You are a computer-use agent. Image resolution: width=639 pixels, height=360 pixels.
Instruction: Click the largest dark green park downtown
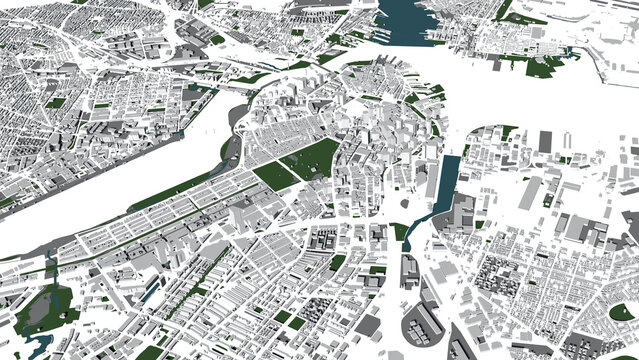[312, 158]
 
